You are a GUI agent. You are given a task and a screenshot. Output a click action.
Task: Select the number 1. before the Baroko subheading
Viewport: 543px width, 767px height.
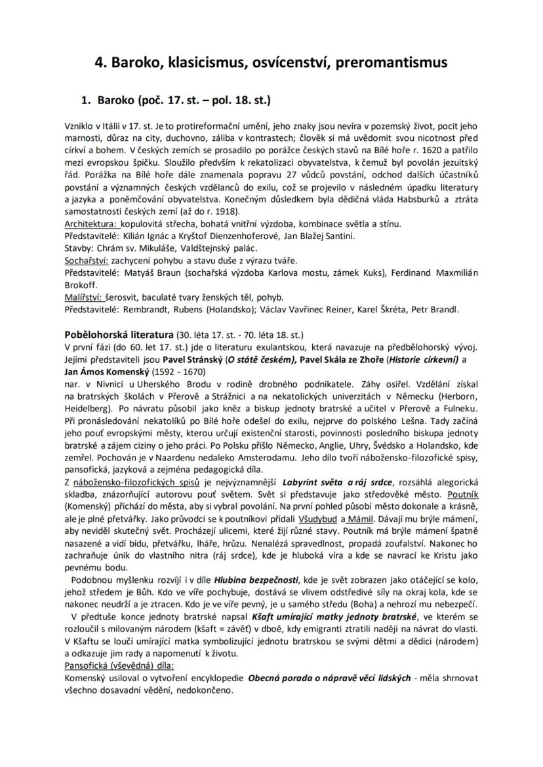coord(85,101)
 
